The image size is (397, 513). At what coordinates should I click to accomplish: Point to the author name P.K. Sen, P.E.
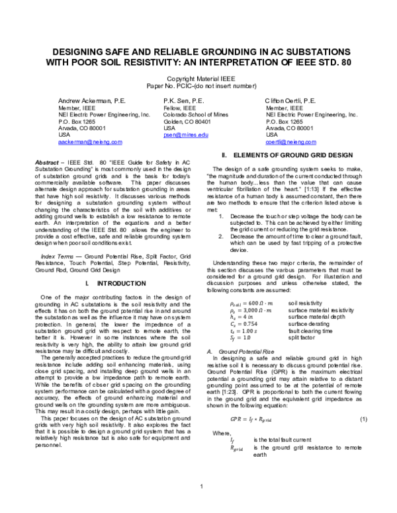point(185,101)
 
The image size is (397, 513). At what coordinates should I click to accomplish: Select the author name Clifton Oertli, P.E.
point(290,101)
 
